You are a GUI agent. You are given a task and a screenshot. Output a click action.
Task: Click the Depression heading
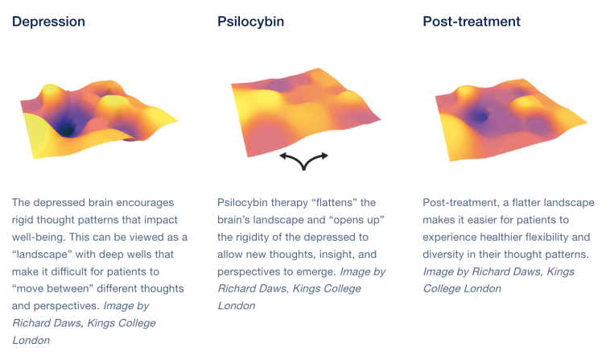click(x=48, y=22)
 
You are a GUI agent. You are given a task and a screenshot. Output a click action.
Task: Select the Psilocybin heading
click(x=250, y=22)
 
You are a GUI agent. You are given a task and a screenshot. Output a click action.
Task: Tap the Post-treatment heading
click(x=472, y=22)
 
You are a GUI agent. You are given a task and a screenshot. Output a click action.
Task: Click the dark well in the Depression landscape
click(x=67, y=128)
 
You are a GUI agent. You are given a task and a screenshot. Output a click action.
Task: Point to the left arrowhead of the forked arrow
click(x=283, y=156)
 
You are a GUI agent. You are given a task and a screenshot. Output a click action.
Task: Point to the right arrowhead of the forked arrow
click(x=324, y=156)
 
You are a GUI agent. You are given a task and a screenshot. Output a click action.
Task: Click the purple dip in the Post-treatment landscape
click(x=479, y=116)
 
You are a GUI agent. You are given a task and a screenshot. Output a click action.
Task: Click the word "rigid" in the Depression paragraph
click(x=23, y=221)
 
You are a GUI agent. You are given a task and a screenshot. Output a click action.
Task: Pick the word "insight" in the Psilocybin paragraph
click(x=337, y=254)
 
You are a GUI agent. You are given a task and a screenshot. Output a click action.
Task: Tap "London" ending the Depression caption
click(x=31, y=341)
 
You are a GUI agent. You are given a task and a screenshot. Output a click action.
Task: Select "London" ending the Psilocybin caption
click(x=237, y=306)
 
